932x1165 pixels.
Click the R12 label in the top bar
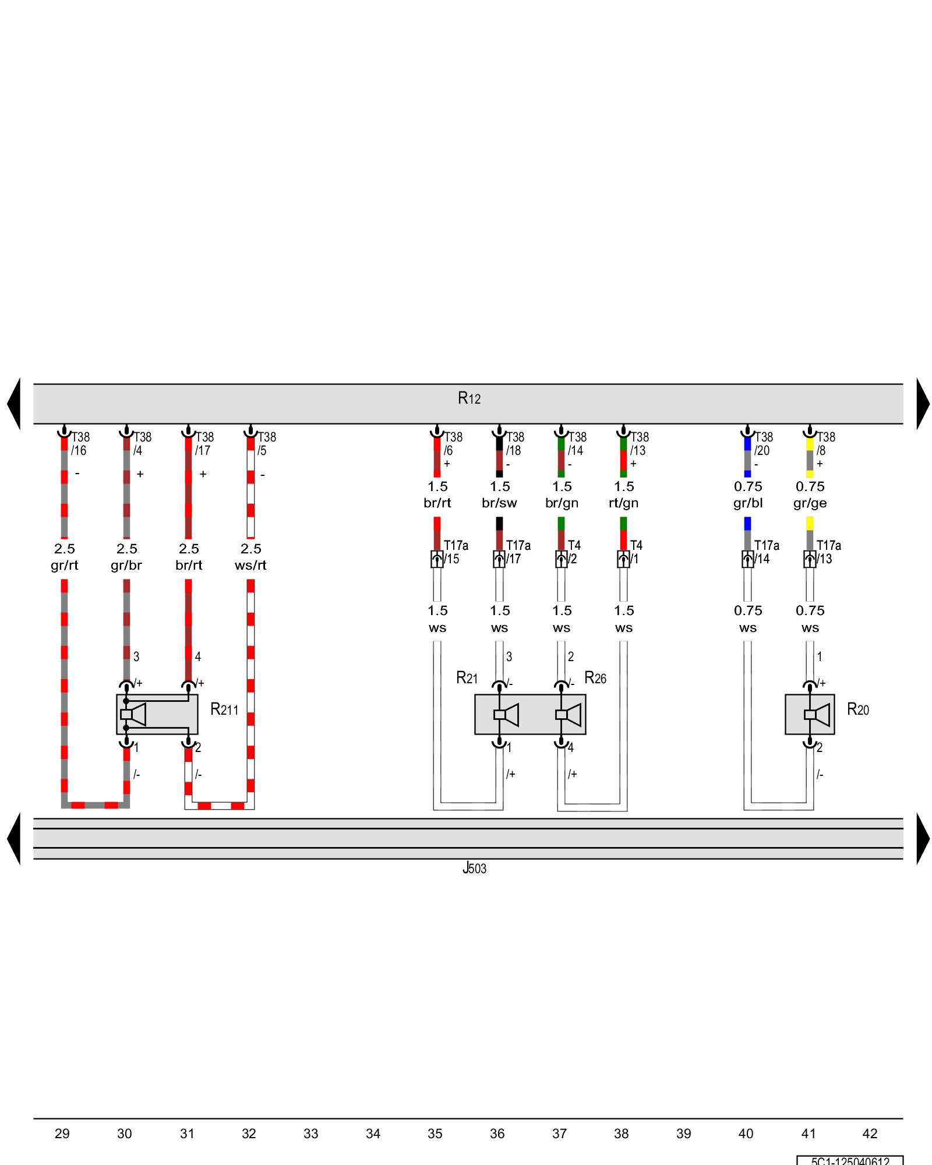click(x=469, y=398)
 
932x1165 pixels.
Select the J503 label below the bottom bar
click(x=474, y=869)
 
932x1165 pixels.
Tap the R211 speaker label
click(x=224, y=709)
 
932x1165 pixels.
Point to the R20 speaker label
click(x=857, y=709)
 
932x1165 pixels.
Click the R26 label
click(x=595, y=678)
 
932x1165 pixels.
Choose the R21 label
click(x=467, y=678)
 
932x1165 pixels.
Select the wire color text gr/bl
click(x=748, y=503)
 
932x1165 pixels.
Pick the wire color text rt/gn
click(x=623, y=503)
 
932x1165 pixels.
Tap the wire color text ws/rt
click(x=250, y=565)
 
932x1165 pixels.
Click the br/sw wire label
click(x=499, y=503)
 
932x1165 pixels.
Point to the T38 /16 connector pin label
click(x=80, y=443)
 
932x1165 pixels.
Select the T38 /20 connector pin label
click(x=763, y=443)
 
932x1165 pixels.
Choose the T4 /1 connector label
click(x=636, y=552)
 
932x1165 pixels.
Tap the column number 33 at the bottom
click(x=311, y=1134)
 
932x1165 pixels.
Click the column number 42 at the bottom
click(x=870, y=1134)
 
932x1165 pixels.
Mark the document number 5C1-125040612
click(x=850, y=1161)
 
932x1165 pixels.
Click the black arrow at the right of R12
click(x=923, y=404)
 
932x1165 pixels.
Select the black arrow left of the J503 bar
click(x=14, y=839)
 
